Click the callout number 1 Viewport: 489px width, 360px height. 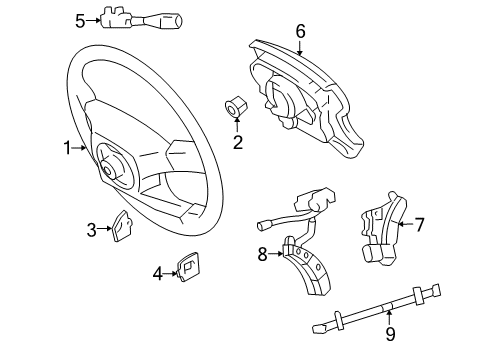(x=68, y=148)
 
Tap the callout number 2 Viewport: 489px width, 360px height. (x=238, y=143)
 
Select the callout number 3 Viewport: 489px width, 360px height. (x=92, y=230)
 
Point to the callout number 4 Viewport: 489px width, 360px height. (x=158, y=274)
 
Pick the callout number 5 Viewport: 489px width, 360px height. (x=80, y=22)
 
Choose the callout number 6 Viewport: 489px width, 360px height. (x=300, y=31)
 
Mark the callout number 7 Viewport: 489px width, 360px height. (x=419, y=224)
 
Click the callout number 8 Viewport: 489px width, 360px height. (x=262, y=255)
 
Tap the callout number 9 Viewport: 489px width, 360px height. (x=390, y=334)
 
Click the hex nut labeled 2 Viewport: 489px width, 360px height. (x=236, y=106)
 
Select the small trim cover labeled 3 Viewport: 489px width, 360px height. (x=122, y=225)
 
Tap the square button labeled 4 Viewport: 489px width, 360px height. (x=188, y=267)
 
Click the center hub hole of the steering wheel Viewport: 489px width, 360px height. (x=108, y=171)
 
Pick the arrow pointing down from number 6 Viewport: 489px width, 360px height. (x=300, y=48)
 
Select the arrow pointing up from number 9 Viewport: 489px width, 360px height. (x=389, y=317)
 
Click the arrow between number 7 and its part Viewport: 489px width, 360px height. (x=406, y=224)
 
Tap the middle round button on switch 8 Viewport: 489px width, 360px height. (x=306, y=255)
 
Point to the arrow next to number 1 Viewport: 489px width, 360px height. (x=79, y=148)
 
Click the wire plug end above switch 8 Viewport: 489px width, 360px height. (x=263, y=226)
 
